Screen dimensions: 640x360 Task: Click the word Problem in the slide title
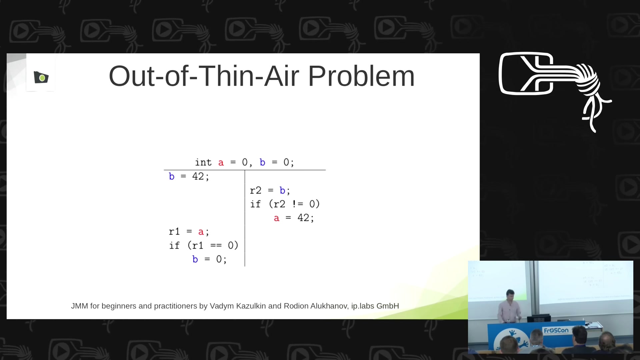click(x=361, y=76)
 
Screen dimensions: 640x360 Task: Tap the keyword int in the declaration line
click(x=203, y=162)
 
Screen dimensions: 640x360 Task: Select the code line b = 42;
click(x=189, y=176)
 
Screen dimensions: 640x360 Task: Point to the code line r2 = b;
click(x=270, y=190)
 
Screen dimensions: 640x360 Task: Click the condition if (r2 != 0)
click(x=285, y=204)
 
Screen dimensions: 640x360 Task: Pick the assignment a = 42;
click(x=294, y=218)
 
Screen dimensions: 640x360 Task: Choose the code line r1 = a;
click(x=189, y=232)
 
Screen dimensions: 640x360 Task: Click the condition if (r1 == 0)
click(x=204, y=246)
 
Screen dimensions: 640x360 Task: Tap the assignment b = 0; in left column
click(x=210, y=259)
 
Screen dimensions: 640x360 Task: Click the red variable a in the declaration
click(x=221, y=163)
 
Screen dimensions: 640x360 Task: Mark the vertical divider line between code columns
click(x=245, y=218)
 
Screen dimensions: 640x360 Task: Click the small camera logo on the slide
click(x=41, y=77)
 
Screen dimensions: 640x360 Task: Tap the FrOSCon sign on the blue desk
click(x=556, y=331)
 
